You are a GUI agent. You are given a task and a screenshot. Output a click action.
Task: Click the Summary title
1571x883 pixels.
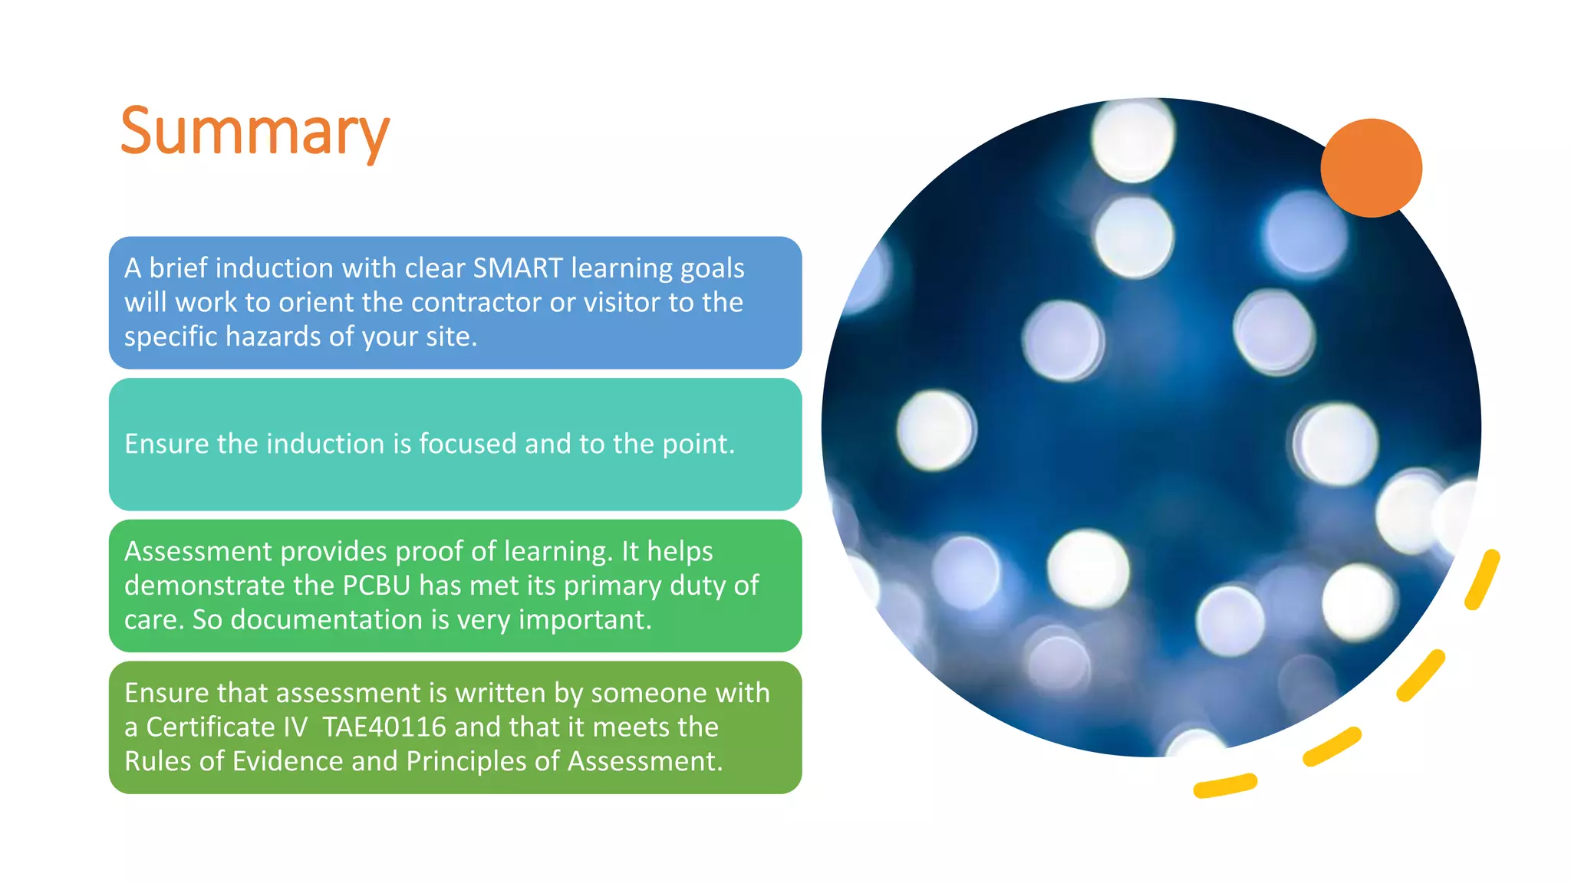click(x=255, y=132)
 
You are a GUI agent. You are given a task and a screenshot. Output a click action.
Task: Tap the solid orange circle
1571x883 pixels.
click(x=1371, y=168)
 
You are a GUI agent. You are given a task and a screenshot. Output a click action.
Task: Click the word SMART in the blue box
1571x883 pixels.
click(x=518, y=268)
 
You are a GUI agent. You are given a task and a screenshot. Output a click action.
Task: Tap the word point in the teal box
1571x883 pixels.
click(x=695, y=445)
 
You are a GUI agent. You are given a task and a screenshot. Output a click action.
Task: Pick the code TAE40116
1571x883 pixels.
click(x=384, y=727)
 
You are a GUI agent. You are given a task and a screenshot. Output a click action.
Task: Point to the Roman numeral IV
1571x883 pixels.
click(x=295, y=727)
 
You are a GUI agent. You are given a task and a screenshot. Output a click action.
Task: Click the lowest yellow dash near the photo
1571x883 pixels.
click(x=1225, y=786)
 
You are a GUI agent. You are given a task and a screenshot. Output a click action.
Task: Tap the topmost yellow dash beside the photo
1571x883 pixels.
click(x=1482, y=579)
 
